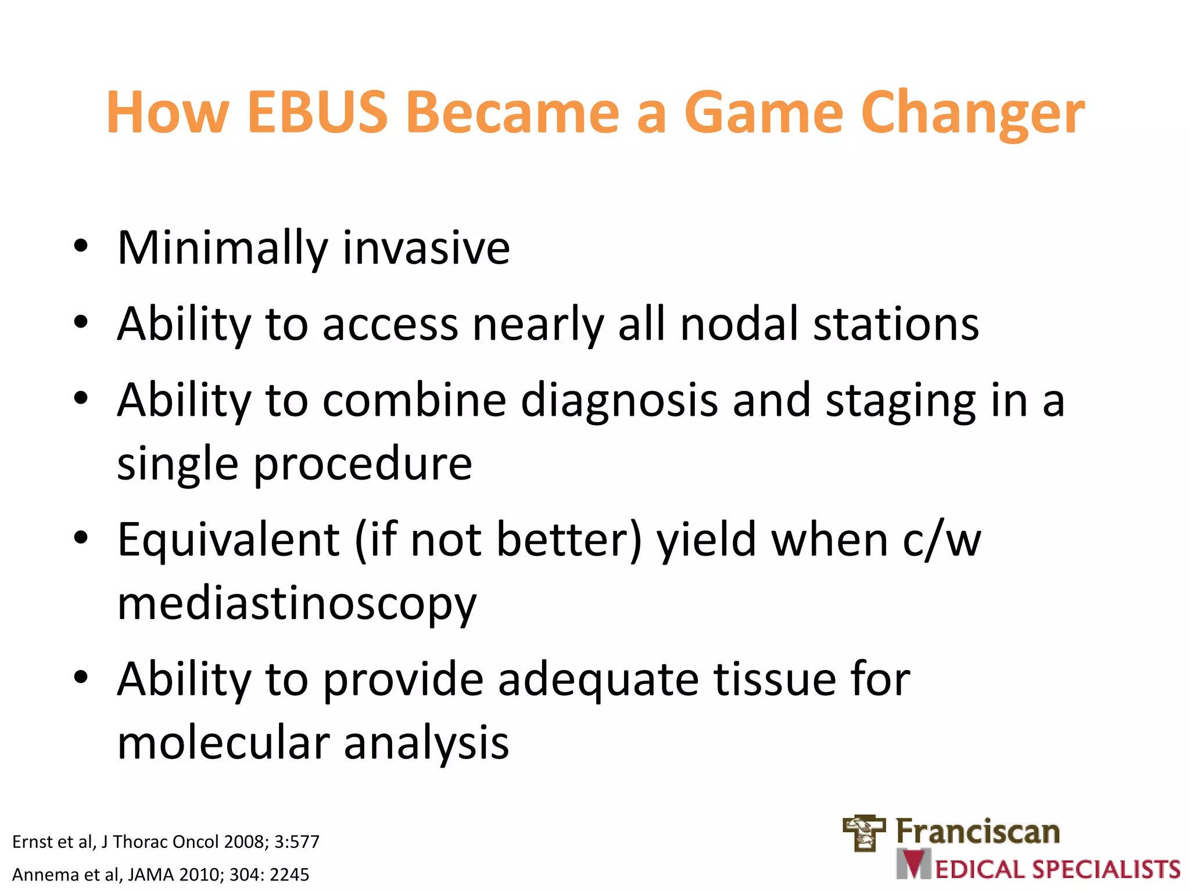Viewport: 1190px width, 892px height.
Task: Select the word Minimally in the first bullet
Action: click(223, 249)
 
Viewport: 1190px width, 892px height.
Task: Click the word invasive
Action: click(426, 249)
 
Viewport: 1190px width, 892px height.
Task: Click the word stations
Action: click(895, 324)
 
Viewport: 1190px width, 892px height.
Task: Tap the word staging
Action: click(900, 401)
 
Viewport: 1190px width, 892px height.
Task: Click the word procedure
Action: click(363, 464)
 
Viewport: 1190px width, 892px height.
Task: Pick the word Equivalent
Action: click(228, 540)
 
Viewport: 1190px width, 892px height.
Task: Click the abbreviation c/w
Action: click(941, 540)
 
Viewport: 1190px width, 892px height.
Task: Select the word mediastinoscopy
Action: click(296, 604)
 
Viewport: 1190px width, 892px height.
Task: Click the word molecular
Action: click(223, 743)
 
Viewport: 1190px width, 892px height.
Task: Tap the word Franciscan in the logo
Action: click(977, 832)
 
